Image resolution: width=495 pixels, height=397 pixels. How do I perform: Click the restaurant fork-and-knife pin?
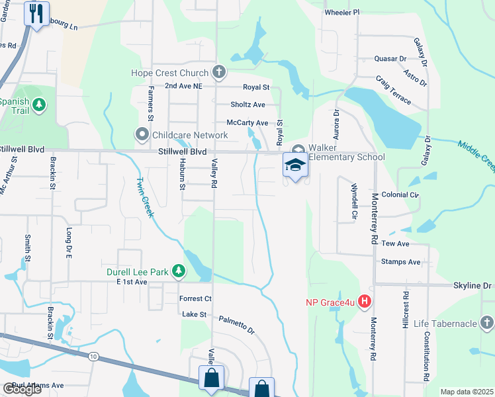click(x=36, y=13)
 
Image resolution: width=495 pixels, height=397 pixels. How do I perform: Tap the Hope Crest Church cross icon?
click(x=219, y=72)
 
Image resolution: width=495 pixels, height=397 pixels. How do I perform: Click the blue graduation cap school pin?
click(x=295, y=165)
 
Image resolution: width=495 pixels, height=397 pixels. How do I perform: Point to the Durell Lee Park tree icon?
click(x=178, y=271)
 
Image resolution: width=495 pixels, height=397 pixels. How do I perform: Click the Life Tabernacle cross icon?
click(x=486, y=323)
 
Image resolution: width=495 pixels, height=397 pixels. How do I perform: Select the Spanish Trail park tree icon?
click(x=40, y=105)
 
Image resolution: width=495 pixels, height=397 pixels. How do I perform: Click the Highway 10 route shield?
click(x=92, y=357)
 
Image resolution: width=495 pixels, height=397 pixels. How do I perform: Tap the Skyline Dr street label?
click(x=473, y=285)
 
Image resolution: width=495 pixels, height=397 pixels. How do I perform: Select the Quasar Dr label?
click(x=390, y=58)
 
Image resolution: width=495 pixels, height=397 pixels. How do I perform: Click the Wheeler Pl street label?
click(x=341, y=12)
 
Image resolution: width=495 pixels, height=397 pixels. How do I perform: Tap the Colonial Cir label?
click(x=400, y=195)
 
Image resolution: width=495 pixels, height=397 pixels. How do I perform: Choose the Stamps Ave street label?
click(x=401, y=262)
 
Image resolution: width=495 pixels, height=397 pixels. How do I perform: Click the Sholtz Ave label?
click(x=247, y=105)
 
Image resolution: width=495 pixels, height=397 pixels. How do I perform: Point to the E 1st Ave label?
click(x=131, y=283)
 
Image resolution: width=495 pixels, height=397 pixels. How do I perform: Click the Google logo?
click(x=22, y=389)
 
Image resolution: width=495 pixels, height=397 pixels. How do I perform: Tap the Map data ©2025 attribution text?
click(x=467, y=392)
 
